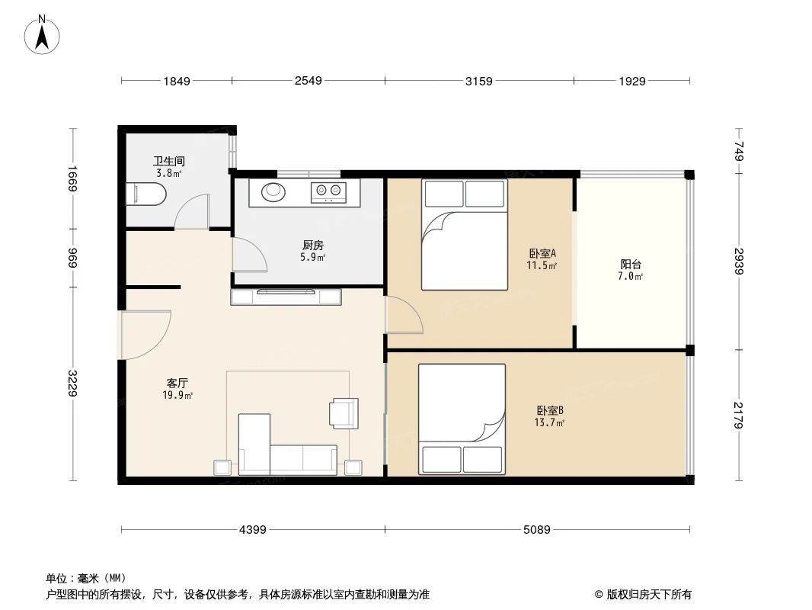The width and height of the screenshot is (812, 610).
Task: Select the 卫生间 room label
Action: pos(169,162)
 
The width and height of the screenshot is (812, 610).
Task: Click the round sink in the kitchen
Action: pos(273,191)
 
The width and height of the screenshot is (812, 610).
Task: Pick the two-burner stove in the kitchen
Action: pos(328,191)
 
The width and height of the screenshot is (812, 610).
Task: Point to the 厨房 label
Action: pos(312,246)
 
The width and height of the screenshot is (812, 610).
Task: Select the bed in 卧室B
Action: pos(462,419)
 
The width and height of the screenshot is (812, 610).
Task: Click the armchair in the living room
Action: pos(344,413)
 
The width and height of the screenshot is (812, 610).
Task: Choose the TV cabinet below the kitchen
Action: pos(286,297)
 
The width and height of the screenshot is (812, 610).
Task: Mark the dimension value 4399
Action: pos(252,529)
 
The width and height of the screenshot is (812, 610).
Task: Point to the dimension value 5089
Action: pos(537,529)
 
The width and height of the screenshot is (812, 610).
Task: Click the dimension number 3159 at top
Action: pos(479,81)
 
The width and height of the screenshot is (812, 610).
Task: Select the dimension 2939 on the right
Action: pos(737,264)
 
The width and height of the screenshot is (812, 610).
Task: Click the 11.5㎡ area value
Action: pos(542,266)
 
